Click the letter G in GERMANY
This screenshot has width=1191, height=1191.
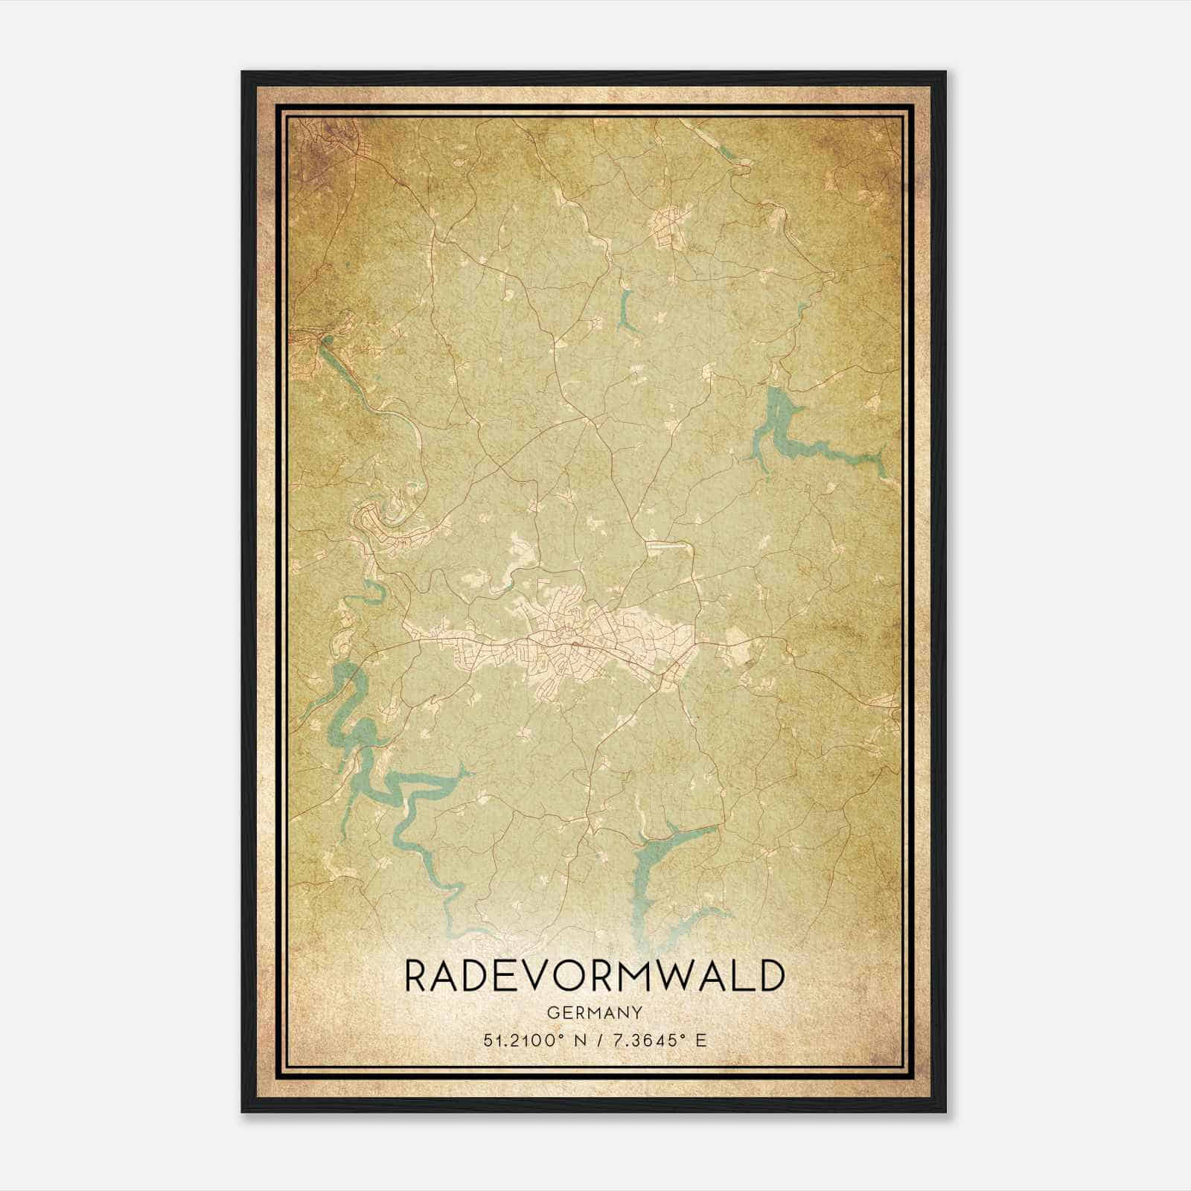550,1012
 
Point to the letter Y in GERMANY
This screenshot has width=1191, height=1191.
638,1012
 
